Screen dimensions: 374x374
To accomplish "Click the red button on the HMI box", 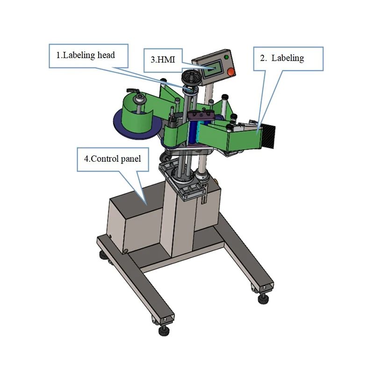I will point(230,72).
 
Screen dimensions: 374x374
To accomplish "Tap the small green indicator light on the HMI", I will point(227,57).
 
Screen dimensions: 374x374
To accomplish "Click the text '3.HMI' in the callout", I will point(163,60).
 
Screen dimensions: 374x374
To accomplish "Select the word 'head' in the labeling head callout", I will point(106,55).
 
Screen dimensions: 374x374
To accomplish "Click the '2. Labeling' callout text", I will point(282,58).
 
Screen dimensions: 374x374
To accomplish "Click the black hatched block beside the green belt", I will point(269,136).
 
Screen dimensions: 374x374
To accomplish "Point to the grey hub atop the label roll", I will point(139,100).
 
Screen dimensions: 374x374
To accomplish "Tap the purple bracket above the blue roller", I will point(205,115).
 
